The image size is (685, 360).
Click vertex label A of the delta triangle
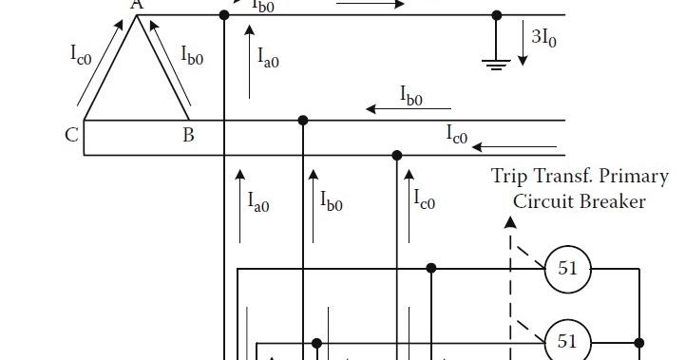click(137, 5)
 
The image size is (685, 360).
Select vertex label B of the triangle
click(188, 135)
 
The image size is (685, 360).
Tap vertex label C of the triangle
click(71, 135)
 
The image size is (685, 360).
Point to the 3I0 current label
click(544, 37)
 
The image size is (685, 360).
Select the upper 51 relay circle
click(567, 269)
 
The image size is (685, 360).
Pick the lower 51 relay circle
click(567, 342)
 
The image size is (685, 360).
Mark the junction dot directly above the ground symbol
click(496, 15)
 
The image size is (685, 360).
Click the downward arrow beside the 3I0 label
click(522, 44)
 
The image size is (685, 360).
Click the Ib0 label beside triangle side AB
click(192, 54)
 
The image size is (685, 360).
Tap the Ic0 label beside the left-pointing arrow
click(457, 135)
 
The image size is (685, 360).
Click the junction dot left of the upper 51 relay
click(431, 269)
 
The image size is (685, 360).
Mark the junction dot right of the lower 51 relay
click(639, 342)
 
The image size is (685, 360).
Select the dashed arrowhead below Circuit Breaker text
click(510, 222)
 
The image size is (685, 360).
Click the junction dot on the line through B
click(303, 121)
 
